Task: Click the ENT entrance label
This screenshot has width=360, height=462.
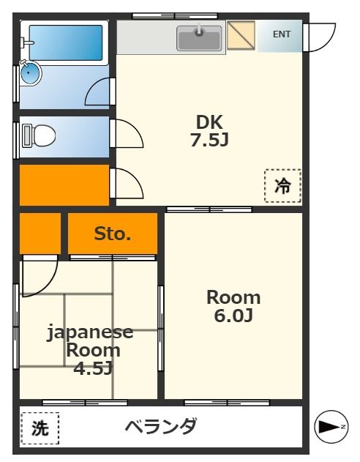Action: (x=282, y=34)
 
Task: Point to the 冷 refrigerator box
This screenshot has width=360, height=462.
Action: (x=282, y=186)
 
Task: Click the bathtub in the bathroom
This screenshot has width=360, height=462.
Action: (x=65, y=43)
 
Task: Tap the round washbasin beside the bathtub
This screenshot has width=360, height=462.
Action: (x=30, y=72)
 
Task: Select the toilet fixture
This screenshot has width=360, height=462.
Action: (x=41, y=135)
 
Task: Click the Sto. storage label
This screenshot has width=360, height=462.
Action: (x=113, y=234)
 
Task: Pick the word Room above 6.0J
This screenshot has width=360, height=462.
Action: (x=233, y=298)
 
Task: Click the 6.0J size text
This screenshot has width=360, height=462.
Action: (x=233, y=316)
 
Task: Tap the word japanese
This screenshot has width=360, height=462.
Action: (x=91, y=332)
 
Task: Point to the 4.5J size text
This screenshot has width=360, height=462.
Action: (x=93, y=368)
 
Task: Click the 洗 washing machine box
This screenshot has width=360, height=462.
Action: (x=40, y=429)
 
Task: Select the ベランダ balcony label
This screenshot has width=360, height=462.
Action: (x=160, y=426)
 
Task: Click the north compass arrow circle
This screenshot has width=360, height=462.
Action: (x=330, y=427)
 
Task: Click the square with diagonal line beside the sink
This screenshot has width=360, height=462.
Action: (x=241, y=35)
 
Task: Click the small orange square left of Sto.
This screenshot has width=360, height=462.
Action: (x=40, y=233)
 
